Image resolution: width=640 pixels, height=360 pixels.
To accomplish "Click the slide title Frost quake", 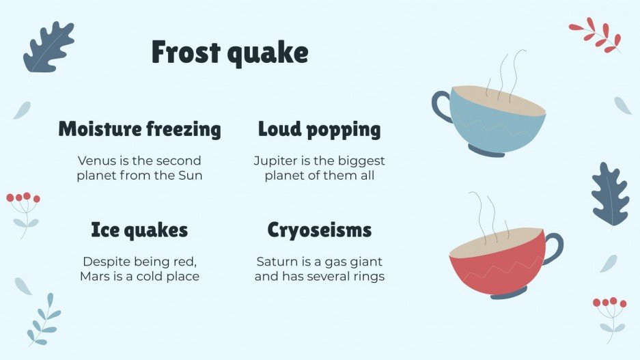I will pyautogui.click(x=229, y=53).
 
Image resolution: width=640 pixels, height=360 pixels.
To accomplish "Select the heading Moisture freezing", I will pyautogui.click(x=139, y=128).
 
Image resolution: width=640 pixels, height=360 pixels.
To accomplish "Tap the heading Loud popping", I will pyautogui.click(x=319, y=128).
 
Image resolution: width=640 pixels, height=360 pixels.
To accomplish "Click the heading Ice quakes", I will pyautogui.click(x=139, y=230).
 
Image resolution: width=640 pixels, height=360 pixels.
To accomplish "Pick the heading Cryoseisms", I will pyautogui.click(x=319, y=230).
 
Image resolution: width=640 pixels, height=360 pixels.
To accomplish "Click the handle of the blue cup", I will pyautogui.click(x=441, y=107).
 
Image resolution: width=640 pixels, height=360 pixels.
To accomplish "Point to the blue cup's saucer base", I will pyautogui.click(x=486, y=150).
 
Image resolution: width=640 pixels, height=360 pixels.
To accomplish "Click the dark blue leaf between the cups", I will pyautogui.click(x=609, y=195).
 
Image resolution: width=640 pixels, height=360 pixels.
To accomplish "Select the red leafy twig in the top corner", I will pyautogui.click(x=596, y=36).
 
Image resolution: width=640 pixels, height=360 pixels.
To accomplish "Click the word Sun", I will pyautogui.click(x=191, y=176).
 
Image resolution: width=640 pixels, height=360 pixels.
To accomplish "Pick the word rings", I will pyautogui.click(x=367, y=277).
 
